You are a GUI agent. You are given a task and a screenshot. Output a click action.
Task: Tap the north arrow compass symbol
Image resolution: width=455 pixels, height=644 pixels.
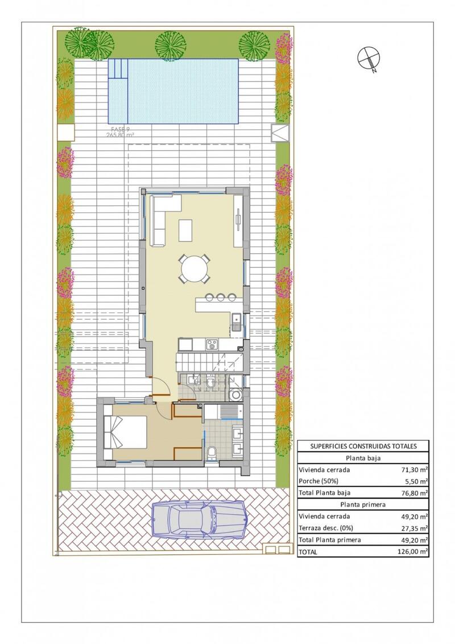coord(367,57)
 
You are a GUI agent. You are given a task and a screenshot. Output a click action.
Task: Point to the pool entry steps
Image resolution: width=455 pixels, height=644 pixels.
coord(118,69)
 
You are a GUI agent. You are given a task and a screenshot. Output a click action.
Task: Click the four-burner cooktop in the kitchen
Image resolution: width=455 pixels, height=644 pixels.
coord(211,344)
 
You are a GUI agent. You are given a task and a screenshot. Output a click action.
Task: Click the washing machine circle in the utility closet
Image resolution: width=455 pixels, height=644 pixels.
coord(235,395)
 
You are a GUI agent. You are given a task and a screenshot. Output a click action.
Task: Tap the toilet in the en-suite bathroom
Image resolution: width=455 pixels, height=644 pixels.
coord(212,453)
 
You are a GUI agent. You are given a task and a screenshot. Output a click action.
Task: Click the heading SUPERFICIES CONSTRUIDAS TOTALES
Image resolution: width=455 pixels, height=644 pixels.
coord(363,446)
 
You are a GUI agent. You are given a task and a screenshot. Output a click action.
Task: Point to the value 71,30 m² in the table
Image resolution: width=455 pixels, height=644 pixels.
coord(413,470)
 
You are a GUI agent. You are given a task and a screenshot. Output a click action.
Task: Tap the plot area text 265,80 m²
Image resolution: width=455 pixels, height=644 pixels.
coord(120,135)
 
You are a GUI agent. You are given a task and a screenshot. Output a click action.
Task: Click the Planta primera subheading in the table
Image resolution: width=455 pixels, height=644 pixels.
coord(363,505)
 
